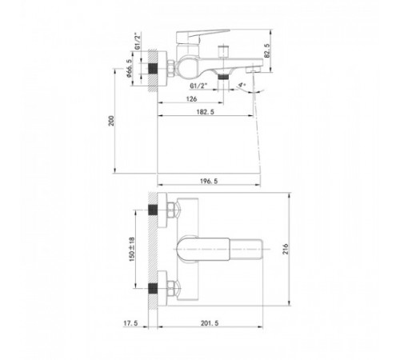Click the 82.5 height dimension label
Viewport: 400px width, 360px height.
pyautogui.click(x=267, y=50)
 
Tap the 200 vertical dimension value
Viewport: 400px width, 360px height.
pyautogui.click(x=111, y=121)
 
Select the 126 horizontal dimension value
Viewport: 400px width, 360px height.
pyautogui.click(x=191, y=99)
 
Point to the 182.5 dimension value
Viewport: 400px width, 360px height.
pyautogui.click(x=206, y=112)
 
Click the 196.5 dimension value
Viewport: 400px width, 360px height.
pyautogui.click(x=209, y=182)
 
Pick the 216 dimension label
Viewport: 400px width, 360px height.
pyautogui.click(x=286, y=249)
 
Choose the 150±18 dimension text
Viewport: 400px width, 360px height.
pyautogui.click(x=132, y=249)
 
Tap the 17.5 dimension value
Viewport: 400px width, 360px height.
pyautogui.click(x=130, y=323)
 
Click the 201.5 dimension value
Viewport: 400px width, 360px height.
pyautogui.click(x=210, y=323)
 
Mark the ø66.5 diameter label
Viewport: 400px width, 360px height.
pyautogui.click(x=129, y=68)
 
